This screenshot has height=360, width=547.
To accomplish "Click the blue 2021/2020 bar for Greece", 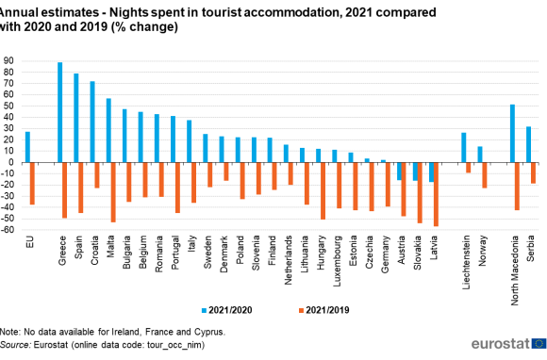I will [x=59, y=112].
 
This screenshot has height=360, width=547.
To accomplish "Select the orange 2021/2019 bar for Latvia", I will [x=436, y=194].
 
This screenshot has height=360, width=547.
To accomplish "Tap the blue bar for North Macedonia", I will [x=511, y=133].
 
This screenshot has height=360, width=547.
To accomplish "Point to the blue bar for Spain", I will [x=75, y=118].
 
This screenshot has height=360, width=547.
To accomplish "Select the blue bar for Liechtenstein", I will [x=463, y=147].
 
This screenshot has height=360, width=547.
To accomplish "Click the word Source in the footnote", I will [x=17, y=345].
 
